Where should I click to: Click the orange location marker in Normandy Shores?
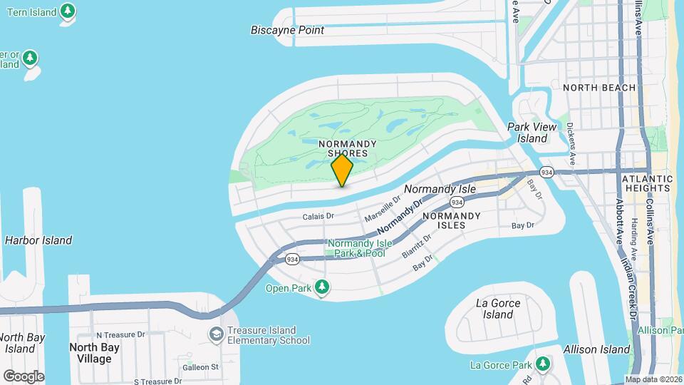tap(342, 170)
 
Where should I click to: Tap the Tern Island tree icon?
tap(68, 11)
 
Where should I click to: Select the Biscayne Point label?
tap(287, 30)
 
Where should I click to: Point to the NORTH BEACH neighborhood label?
tap(598, 88)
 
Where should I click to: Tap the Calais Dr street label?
tap(318, 216)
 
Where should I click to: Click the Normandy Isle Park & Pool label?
tap(356, 248)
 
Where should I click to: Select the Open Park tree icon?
tap(323, 287)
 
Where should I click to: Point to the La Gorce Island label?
tap(497, 308)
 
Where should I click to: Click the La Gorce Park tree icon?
tap(543, 364)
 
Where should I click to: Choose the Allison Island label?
tap(596, 349)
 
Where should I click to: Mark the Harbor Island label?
tap(38, 240)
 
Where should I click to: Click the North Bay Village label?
tap(90, 353)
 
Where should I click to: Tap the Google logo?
tap(24, 376)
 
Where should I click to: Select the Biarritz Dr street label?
tap(417, 246)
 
